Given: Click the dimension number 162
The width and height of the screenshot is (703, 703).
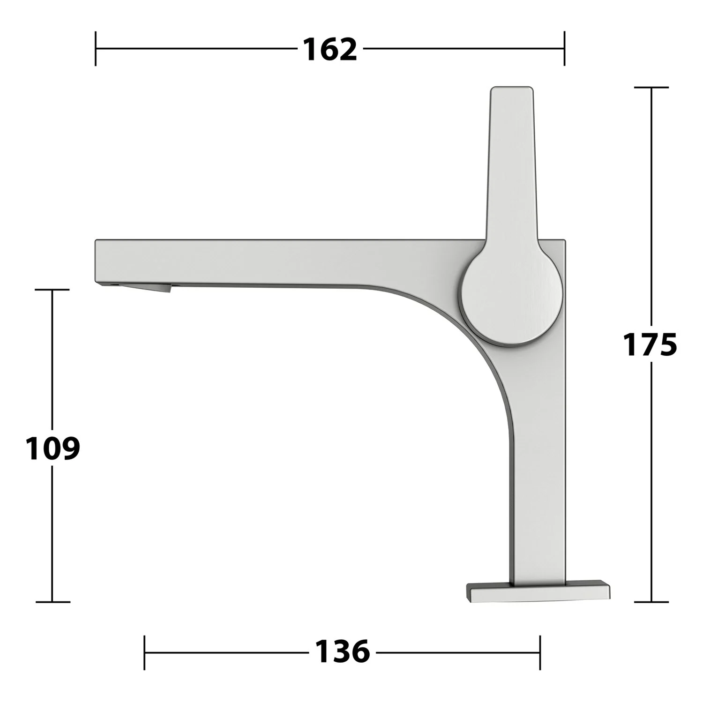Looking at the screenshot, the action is (330, 49).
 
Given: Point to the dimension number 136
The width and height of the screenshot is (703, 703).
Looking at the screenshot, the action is (342, 651).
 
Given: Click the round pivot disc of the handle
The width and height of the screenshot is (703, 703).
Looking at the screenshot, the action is (512, 296).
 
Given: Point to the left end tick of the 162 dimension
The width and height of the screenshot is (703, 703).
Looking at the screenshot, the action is (96, 48).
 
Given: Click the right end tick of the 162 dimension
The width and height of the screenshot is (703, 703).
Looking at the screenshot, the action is (564, 48).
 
